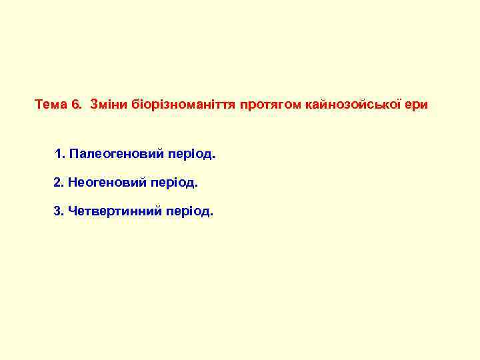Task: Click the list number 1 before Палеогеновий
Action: pos(60,154)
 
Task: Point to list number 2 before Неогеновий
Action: pos(57,181)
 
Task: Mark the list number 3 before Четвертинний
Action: pos(57,211)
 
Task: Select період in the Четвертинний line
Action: pos(190,212)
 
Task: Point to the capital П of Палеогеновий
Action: pos(73,154)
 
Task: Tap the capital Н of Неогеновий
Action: pos(71,181)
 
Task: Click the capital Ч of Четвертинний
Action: pos(71,211)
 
